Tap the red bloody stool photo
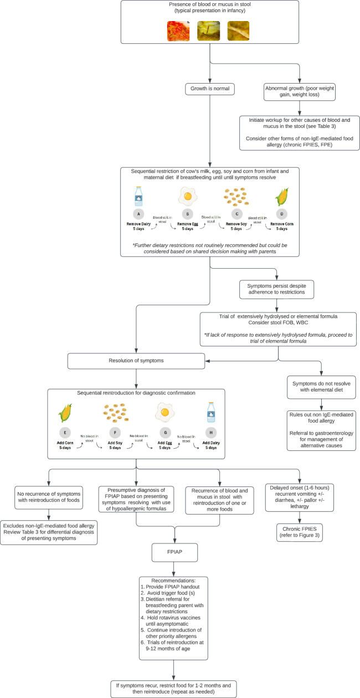pos(178,31)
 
